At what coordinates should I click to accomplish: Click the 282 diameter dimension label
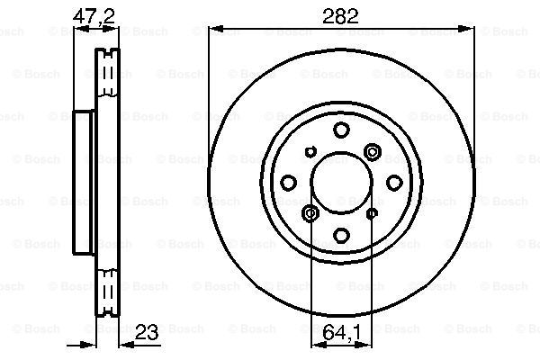pos(340,16)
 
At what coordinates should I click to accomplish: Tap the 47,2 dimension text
pos(94,15)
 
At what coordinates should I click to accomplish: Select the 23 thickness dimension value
pos(147,332)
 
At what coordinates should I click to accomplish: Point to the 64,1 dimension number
pos(342,332)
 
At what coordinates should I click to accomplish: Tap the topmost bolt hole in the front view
pos(341,130)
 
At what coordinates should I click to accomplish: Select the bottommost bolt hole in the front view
pos(341,235)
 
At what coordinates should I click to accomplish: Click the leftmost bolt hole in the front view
pos(289,183)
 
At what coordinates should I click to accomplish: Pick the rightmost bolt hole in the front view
pos(394,183)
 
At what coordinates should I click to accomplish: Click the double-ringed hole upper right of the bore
pos(373,151)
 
